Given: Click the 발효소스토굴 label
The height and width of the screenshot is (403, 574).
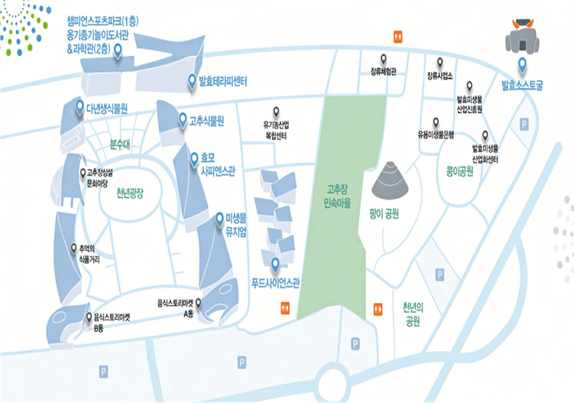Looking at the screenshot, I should pyautogui.click(x=522, y=85).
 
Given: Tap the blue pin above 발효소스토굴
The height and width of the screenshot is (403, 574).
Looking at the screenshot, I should pyautogui.click(x=522, y=65).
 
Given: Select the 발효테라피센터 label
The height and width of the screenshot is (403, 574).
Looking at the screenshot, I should pyautogui.click(x=222, y=80).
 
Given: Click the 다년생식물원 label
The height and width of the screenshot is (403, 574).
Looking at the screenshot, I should pyautogui.click(x=106, y=108).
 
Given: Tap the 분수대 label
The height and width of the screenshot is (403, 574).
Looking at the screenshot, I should pyautogui.click(x=121, y=143).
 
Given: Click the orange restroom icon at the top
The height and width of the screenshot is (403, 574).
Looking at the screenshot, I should pyautogui.click(x=397, y=35).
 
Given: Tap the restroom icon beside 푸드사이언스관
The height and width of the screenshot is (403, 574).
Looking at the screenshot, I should pyautogui.click(x=284, y=307).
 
